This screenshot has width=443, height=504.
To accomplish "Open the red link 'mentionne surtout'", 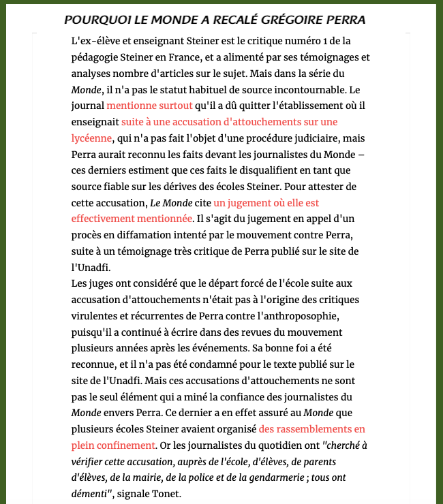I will click(149, 106).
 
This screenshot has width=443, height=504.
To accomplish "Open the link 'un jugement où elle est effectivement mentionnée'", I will click(266, 203).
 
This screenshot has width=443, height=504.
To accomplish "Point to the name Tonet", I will click(167, 494).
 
